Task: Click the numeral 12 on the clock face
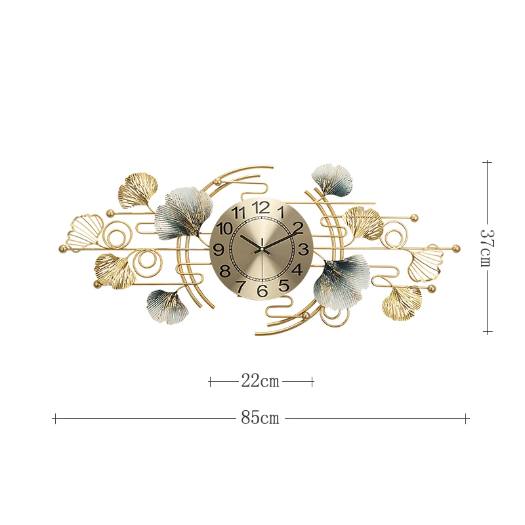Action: [x=261, y=207]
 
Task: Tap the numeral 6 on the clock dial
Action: [x=262, y=291]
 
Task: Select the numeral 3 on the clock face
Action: [x=303, y=249]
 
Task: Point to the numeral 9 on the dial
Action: [x=219, y=250]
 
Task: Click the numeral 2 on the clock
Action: [x=297, y=228]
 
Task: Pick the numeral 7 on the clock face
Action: [x=241, y=286]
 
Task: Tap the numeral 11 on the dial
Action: [x=239, y=213]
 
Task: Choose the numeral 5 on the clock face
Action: [x=283, y=285]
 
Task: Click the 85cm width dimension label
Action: [x=260, y=418]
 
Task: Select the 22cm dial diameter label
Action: [x=260, y=381]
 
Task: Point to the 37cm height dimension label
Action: [x=486, y=247]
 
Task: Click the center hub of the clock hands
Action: [x=261, y=249]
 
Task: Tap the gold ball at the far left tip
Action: [x=63, y=249]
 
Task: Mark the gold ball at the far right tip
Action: [x=456, y=248]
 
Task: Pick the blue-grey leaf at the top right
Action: [x=333, y=179]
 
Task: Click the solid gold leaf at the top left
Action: [x=138, y=190]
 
